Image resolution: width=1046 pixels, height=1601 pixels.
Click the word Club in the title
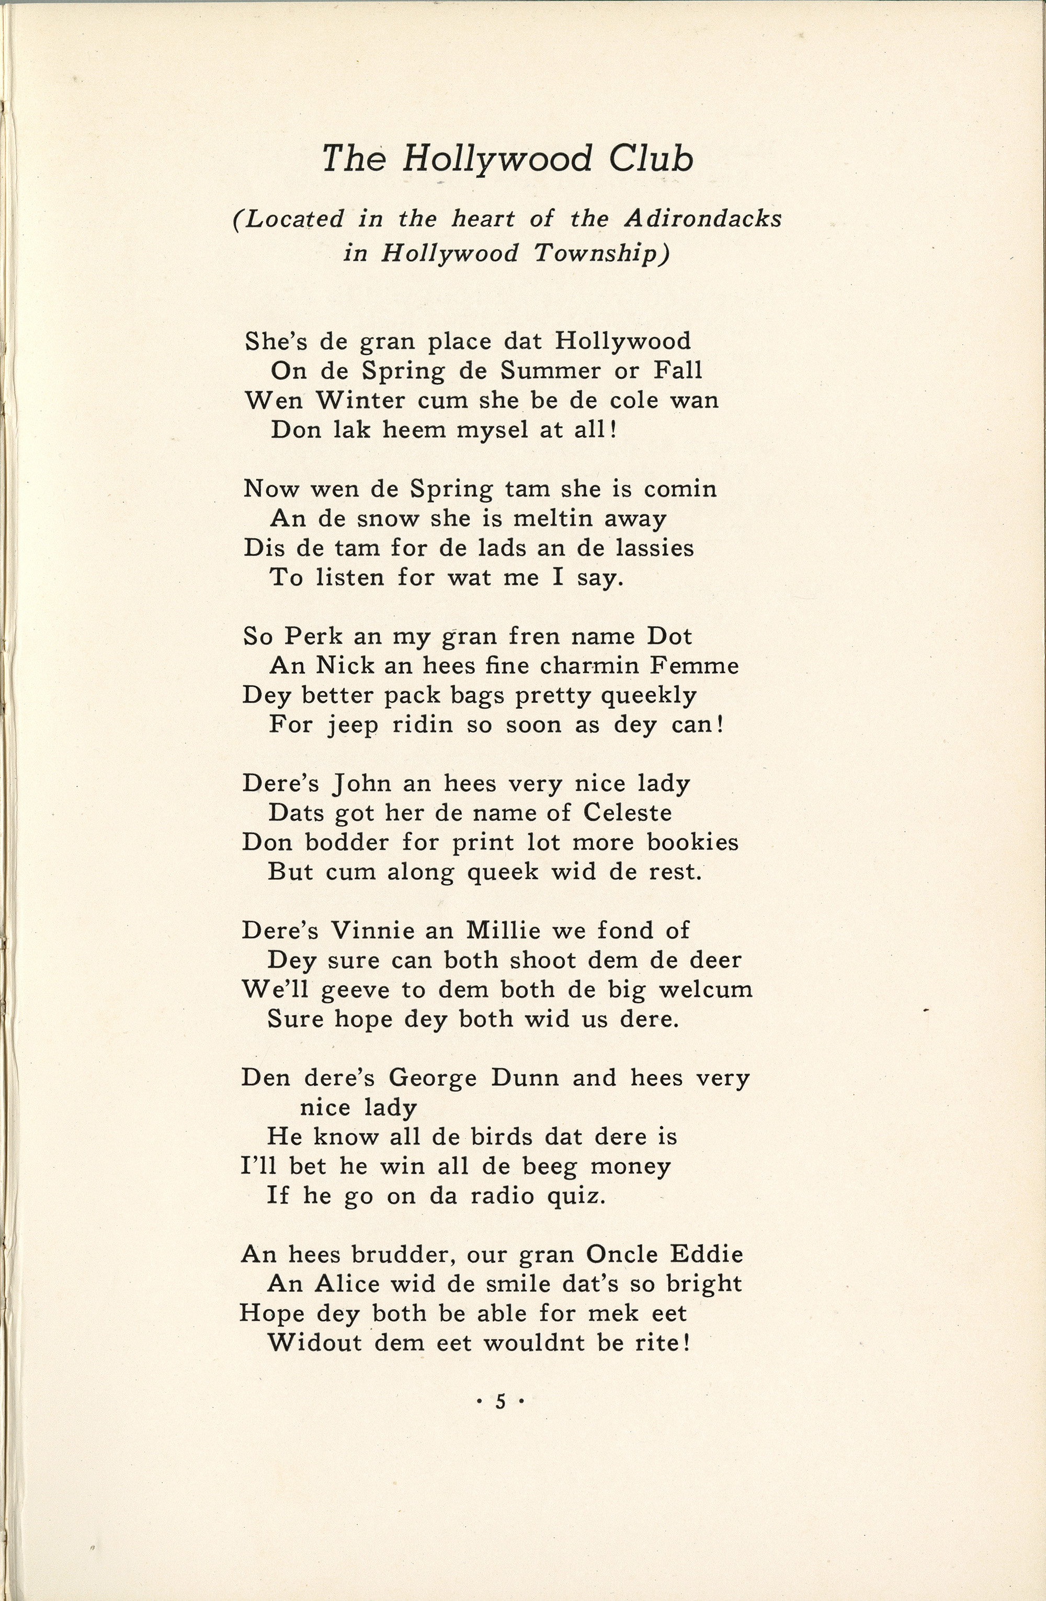(x=651, y=159)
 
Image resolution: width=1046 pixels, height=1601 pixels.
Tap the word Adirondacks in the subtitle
(x=703, y=219)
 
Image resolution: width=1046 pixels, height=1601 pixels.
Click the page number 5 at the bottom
(x=500, y=1401)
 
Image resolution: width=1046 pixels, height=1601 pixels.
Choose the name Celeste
(x=627, y=813)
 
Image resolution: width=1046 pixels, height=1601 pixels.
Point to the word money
(x=630, y=1166)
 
